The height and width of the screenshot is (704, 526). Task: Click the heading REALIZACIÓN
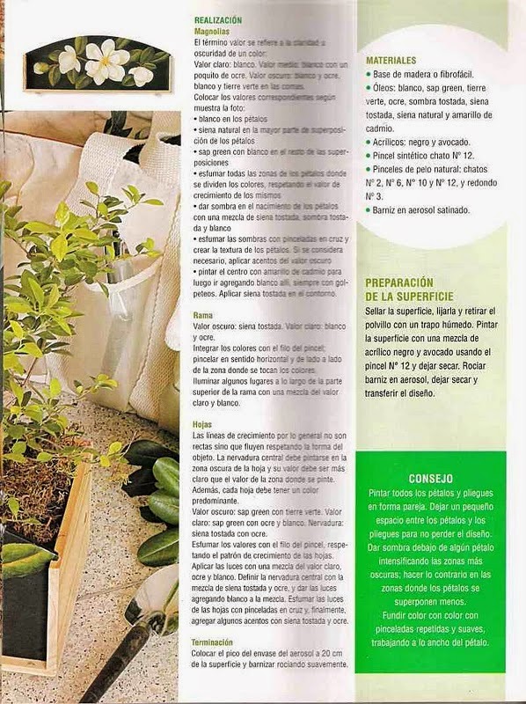pos(218,19)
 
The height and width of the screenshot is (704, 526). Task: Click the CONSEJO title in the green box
pos(431,478)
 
